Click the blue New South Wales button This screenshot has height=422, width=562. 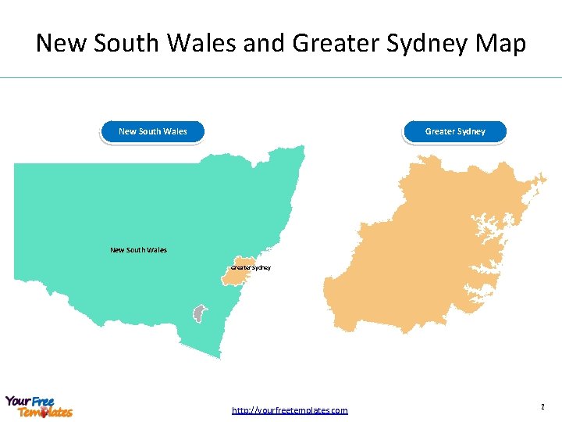153,131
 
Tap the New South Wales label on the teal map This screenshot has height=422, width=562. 138,250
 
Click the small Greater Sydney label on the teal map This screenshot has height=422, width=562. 251,268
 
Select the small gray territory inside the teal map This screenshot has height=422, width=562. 200,313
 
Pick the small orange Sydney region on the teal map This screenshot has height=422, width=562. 244,263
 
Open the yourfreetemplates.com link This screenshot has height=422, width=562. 290,410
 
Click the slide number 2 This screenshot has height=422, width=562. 541,407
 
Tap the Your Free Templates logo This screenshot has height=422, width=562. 39,406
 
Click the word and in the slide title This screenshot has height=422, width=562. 264,43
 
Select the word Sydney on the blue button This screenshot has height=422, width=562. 471,131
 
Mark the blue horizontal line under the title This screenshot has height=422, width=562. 281,77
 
